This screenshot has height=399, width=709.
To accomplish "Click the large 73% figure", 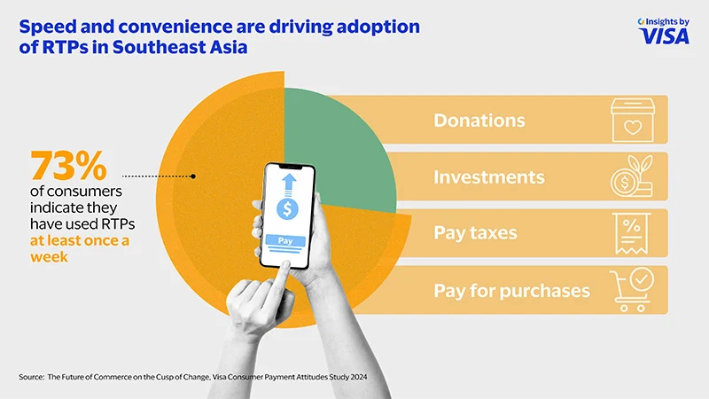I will coord(68,166).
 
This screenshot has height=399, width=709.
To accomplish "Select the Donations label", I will coord(479,120).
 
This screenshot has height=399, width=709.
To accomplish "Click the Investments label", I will coord(488,177).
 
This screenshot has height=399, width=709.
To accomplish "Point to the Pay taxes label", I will coord(475,234).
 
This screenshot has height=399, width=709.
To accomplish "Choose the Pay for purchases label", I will coord(511,290).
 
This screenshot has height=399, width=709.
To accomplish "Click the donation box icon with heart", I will coord(632,121).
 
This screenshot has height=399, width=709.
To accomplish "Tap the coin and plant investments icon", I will coord(632,176).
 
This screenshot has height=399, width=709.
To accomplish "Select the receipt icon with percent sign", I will coord(632,234).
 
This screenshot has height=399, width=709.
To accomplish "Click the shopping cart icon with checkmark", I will coord(632,290).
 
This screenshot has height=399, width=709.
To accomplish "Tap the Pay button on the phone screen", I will coord(284,240).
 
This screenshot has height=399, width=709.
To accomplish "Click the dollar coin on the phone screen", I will coord(286,210).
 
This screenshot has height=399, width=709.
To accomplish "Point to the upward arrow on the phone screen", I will coord(287,184).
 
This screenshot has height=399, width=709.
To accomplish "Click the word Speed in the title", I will coord(43,27).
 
